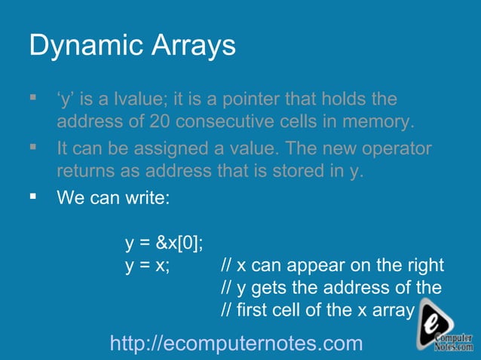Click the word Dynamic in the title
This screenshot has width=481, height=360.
[81, 47]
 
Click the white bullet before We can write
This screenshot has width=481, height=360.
[33, 197]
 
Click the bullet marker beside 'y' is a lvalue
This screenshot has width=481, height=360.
[33, 98]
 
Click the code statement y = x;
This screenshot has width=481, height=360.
[147, 266]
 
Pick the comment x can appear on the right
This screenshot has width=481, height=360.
[332, 266]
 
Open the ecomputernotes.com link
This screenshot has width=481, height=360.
[236, 343]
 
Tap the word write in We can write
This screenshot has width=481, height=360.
[149, 199]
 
